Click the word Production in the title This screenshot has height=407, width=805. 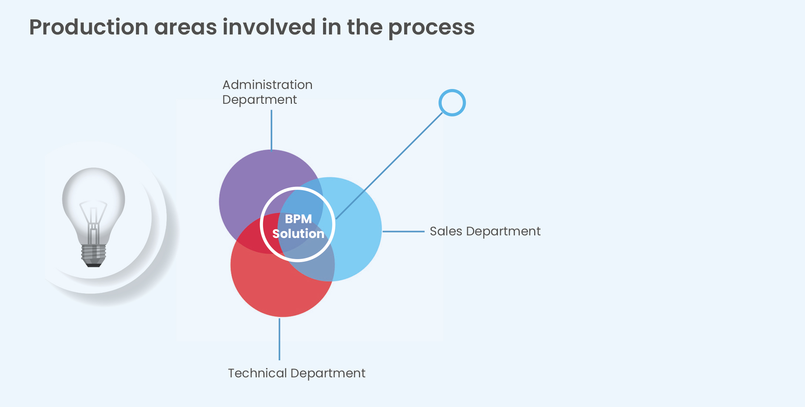[x=89, y=27]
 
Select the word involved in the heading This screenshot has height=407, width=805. [x=269, y=27]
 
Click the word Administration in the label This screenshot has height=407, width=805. [x=267, y=85]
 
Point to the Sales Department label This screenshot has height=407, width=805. [x=485, y=231]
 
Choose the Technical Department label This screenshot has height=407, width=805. [x=296, y=373]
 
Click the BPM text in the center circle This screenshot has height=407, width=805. [x=298, y=219]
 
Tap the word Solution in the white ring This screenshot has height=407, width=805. [x=298, y=234]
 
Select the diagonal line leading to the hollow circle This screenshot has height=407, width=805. [x=389, y=166]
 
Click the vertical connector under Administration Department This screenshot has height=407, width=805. [x=272, y=130]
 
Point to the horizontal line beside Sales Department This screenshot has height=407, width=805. [x=403, y=232]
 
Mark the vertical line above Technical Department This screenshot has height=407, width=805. [x=279, y=339]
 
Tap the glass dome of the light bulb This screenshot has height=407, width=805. [x=94, y=185]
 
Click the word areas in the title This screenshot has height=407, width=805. [x=186, y=28]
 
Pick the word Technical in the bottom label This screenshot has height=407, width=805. [x=257, y=373]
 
